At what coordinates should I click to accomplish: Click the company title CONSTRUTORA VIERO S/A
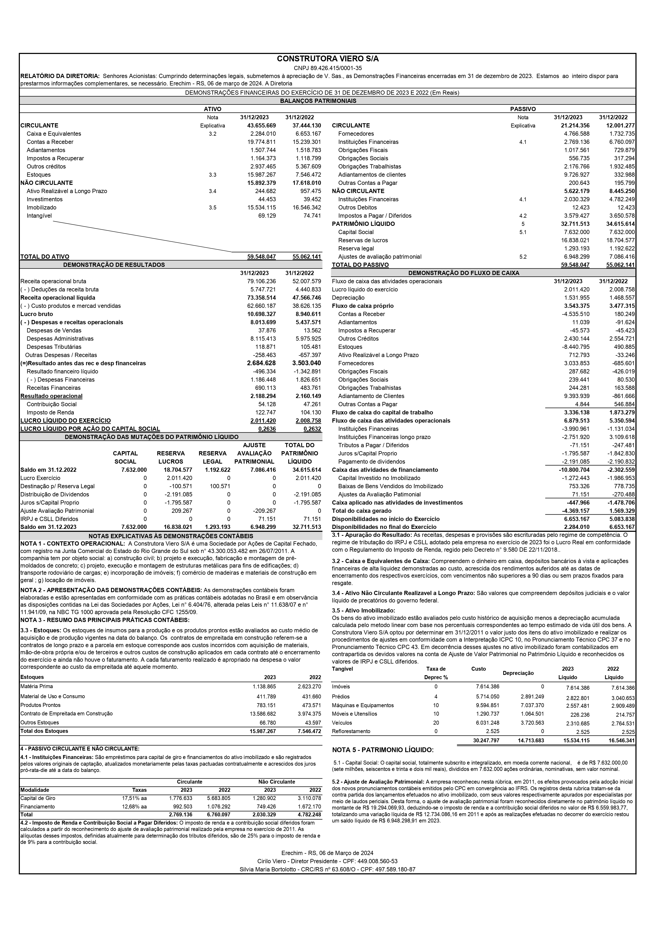[328, 59]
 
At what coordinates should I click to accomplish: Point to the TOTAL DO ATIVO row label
[45, 257]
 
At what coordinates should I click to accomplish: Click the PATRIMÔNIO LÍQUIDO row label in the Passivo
[363, 224]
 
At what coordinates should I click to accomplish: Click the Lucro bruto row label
[37, 314]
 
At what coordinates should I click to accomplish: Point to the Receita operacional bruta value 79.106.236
[262, 281]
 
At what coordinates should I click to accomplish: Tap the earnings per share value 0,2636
[267, 429]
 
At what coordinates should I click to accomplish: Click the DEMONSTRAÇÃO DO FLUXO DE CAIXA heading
[464, 273]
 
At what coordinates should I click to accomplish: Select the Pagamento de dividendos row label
[371, 461]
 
